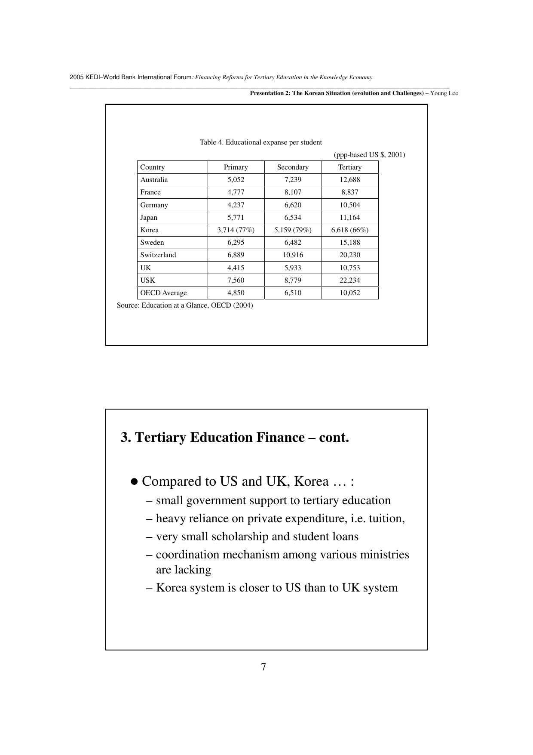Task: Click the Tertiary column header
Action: (349, 167)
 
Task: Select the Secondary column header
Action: (293, 167)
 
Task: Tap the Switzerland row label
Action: (158, 255)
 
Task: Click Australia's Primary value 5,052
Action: (236, 180)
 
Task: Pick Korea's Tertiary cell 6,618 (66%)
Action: (349, 230)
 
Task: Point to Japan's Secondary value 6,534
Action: (293, 218)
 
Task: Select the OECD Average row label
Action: (163, 293)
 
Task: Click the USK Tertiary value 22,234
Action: (349, 280)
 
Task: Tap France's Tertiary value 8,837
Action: (349, 192)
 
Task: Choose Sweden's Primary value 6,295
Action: (236, 243)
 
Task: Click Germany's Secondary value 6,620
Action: (293, 205)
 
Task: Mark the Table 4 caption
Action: (260, 142)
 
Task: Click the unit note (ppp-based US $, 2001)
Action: (369, 155)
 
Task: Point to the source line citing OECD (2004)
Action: (185, 305)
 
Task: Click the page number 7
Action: (263, 667)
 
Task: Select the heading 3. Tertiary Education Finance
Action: (235, 438)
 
